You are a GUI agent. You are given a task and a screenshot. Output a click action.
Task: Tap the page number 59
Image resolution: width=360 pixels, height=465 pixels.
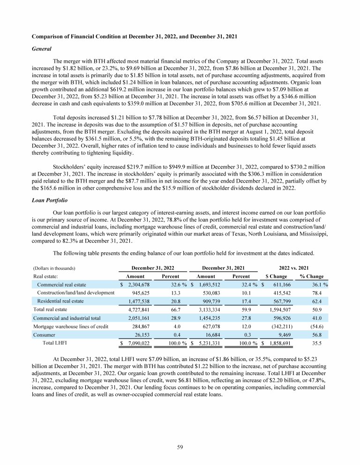pyautogui.click(x=180, y=448)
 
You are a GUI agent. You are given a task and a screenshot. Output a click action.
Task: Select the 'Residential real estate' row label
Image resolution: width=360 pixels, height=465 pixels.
pyautogui.click(x=60, y=301)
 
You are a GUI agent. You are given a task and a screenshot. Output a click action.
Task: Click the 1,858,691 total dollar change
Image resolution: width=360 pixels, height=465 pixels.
pyautogui.click(x=280, y=344)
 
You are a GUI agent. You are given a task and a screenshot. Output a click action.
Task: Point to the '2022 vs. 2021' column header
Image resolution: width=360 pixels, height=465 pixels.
pyautogui.click(x=294, y=268)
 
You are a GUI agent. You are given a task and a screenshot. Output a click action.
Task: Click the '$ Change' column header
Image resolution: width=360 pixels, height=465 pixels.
pyautogui.click(x=277, y=276)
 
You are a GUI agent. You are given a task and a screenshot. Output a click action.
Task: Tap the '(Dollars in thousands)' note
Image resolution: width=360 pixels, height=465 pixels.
pyautogui.click(x=54, y=268)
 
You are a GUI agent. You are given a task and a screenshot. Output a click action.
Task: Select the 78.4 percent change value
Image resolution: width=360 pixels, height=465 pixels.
pyautogui.click(x=321, y=293)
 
